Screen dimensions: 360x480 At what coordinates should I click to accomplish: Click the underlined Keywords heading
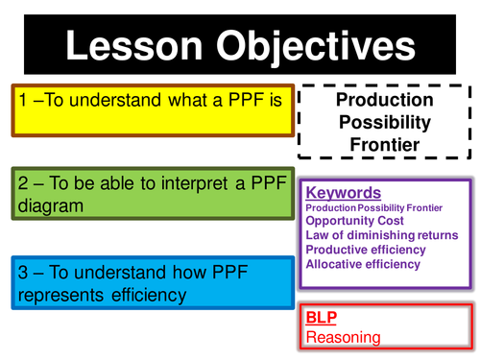point(343,192)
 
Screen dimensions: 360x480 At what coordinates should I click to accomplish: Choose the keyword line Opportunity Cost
point(354,220)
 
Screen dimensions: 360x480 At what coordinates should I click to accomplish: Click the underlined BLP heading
point(322,316)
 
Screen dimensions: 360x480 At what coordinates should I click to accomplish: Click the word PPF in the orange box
point(247,99)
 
